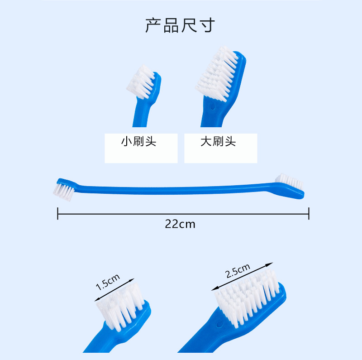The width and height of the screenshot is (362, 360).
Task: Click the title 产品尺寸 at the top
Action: pyautogui.click(x=180, y=25)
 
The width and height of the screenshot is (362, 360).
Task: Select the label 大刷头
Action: pyautogui.click(x=218, y=142)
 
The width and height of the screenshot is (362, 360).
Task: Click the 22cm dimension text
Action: pyautogui.click(x=180, y=224)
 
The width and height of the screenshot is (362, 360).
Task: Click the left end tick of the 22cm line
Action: pyautogui.click(x=58, y=213)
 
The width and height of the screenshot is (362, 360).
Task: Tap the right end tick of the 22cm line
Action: pyautogui.click(x=309, y=213)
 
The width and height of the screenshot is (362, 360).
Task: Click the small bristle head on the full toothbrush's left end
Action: pyautogui.click(x=64, y=189)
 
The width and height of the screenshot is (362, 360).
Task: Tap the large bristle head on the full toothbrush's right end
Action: pyautogui.click(x=290, y=181)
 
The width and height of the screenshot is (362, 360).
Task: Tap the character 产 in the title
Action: pyautogui.click(x=153, y=25)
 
